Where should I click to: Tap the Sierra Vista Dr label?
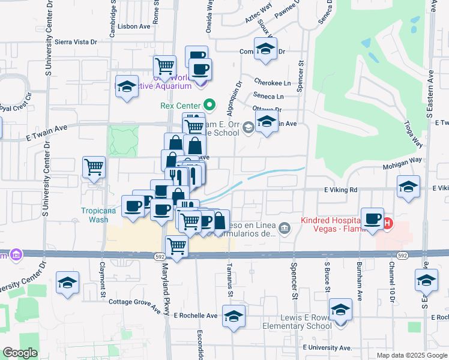pos(76,42)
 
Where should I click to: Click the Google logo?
pos(20,353)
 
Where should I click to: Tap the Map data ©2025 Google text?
pos(412,355)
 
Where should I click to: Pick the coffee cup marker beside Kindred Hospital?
pos(372,218)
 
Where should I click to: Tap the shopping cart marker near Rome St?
pos(164,66)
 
